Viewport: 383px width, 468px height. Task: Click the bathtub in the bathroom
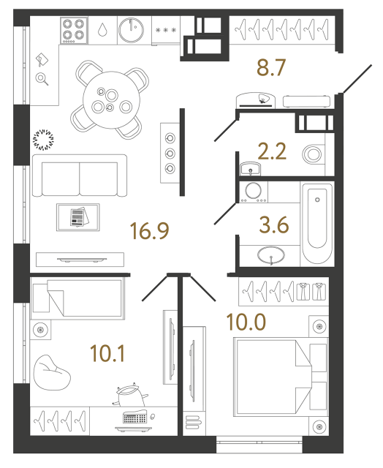[318, 225]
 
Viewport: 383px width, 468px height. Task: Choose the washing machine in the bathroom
[255, 192]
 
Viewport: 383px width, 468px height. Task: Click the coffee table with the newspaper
[77, 217]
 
